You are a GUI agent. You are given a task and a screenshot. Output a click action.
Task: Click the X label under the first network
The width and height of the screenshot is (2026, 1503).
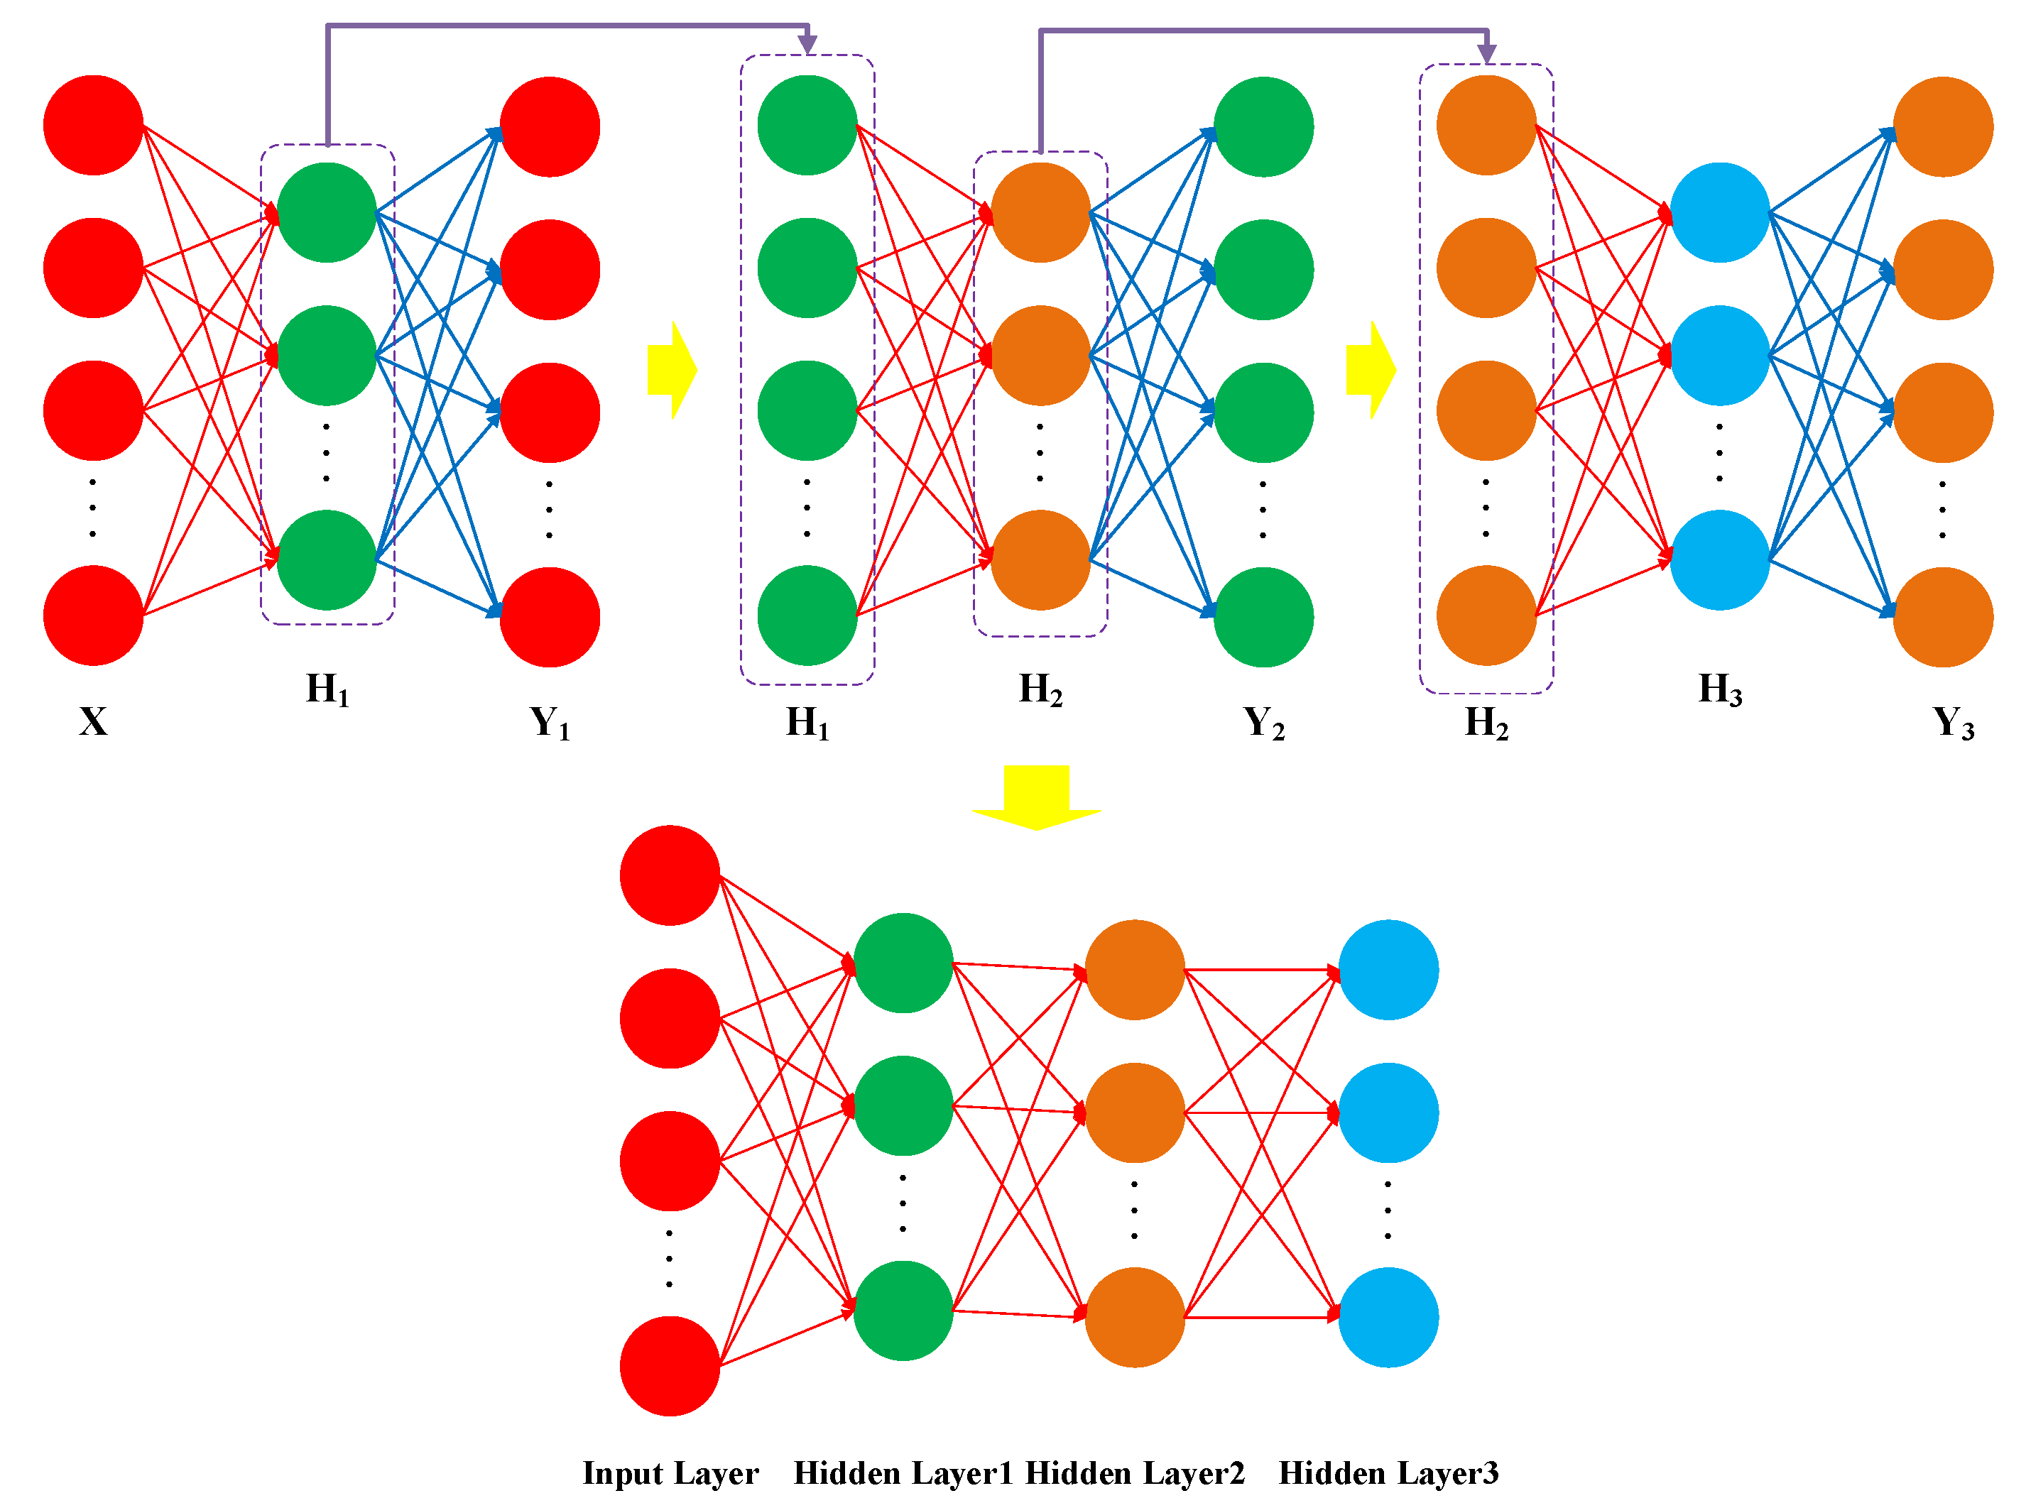click(93, 721)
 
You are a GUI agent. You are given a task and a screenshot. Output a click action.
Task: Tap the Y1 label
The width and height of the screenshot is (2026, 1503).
click(550, 723)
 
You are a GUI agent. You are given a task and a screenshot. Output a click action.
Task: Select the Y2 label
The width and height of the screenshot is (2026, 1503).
click(1263, 723)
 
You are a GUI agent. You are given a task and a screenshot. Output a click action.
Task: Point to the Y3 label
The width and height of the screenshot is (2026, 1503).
click(1952, 723)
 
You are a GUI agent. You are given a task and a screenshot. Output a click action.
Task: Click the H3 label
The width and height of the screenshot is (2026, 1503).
click(1719, 689)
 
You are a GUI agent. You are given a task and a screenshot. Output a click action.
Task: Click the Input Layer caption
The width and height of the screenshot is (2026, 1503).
click(670, 1472)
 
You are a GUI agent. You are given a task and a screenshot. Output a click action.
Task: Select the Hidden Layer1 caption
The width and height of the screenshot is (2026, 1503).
click(903, 1472)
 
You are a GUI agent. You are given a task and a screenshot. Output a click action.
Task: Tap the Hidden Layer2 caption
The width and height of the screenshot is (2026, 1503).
click(1135, 1472)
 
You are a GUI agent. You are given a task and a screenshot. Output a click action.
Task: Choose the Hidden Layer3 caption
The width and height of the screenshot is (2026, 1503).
click(1388, 1472)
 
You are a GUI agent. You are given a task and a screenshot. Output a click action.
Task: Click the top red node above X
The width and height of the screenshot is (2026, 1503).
click(94, 126)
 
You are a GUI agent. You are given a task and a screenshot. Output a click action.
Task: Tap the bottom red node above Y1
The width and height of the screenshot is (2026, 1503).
click(550, 617)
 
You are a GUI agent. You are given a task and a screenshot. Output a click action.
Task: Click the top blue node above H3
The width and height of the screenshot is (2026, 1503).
click(1719, 213)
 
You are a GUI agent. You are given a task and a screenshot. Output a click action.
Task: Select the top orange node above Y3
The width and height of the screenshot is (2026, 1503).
click(1942, 126)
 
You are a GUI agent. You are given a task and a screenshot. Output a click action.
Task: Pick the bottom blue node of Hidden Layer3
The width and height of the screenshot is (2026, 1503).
click(1388, 1316)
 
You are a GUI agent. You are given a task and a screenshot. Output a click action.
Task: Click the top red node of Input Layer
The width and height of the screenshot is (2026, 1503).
click(670, 875)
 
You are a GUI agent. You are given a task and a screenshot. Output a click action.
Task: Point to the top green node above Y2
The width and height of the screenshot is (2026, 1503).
click(1263, 126)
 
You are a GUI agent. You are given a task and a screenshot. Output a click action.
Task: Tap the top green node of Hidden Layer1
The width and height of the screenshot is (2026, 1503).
click(903, 963)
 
